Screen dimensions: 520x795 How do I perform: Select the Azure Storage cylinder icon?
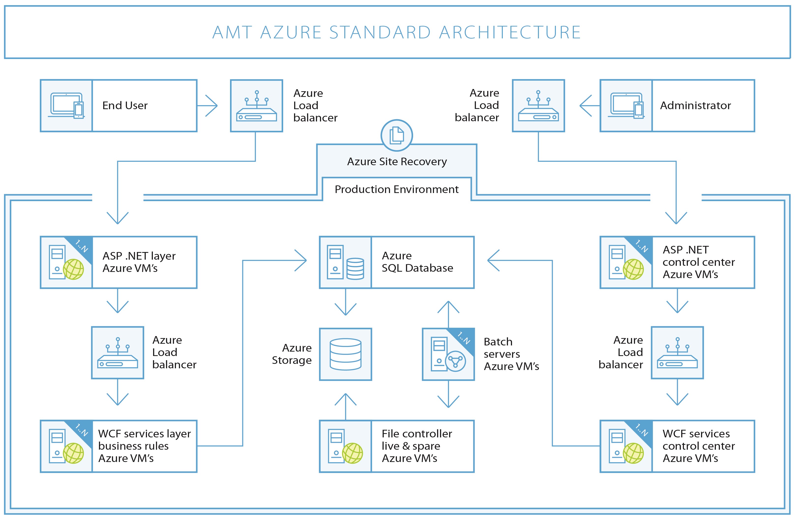pos(345,354)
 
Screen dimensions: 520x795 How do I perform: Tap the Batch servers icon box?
pos(448,354)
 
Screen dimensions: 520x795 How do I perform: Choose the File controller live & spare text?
pos(417,446)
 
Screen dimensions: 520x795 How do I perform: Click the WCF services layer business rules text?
pos(144,446)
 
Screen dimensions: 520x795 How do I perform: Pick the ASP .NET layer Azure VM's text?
pos(139,262)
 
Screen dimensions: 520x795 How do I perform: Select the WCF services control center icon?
pos(626,446)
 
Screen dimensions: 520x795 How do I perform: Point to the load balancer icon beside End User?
pos(257,106)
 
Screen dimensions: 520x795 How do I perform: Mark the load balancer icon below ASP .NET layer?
pos(117,353)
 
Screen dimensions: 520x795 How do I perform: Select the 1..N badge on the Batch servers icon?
pos(464,338)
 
